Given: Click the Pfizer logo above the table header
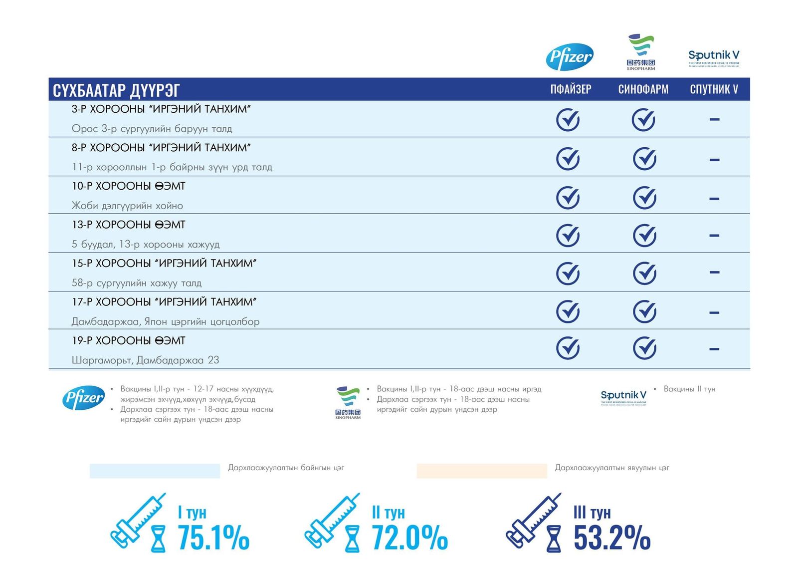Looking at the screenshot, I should coord(570,56).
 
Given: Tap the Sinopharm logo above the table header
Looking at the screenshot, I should coord(641,51).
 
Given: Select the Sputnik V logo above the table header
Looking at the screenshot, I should coord(714,57).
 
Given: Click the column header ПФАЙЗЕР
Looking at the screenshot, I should coord(571,89).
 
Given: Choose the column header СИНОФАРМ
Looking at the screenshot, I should coord(643,89).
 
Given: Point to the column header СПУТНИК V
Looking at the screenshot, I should coord(714,89).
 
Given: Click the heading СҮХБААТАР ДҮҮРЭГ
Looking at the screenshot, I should coord(116,90).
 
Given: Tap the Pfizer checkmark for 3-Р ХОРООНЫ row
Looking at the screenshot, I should coord(568,120).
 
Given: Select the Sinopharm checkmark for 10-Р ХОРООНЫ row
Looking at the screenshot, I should coord(644,198).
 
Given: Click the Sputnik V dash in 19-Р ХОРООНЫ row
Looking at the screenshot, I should coord(714,349).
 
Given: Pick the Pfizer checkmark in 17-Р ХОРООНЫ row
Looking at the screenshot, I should coord(568,311).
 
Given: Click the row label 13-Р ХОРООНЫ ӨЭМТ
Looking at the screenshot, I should coord(128,225).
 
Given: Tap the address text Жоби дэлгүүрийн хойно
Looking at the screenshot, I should coord(127,206).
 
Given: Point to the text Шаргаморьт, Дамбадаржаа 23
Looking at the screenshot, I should coord(145,360).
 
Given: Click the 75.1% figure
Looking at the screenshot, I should coord(213,538).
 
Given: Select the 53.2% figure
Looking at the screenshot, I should coord(611,538).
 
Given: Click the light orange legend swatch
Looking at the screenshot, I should coord(481,471).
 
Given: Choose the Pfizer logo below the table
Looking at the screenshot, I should coord(84,398).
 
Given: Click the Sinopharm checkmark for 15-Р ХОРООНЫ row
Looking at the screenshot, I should coord(644,273).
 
